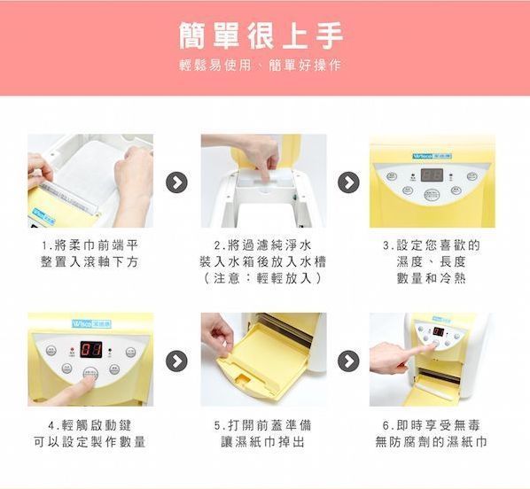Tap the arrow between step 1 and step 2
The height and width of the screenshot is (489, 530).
177,182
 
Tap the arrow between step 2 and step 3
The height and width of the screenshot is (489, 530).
348,182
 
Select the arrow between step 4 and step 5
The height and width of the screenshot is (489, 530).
177,361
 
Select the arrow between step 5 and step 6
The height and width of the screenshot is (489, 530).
348,361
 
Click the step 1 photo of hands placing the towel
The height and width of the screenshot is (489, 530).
90,181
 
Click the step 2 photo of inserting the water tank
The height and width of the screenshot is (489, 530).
263,181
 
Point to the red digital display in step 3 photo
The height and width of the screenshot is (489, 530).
432,175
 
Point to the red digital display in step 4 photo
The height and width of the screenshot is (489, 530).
90,348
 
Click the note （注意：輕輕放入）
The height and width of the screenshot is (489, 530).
263,278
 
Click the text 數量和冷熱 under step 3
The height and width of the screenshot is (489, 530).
432,278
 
